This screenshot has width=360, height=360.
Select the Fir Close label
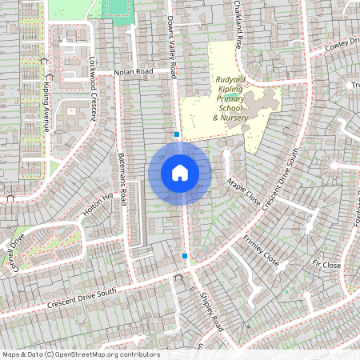click(327, 264)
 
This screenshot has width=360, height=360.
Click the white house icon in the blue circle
click(180, 173)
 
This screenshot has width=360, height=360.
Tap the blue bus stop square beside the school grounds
click(176, 135)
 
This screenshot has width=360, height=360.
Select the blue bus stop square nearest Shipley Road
click(185, 256)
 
